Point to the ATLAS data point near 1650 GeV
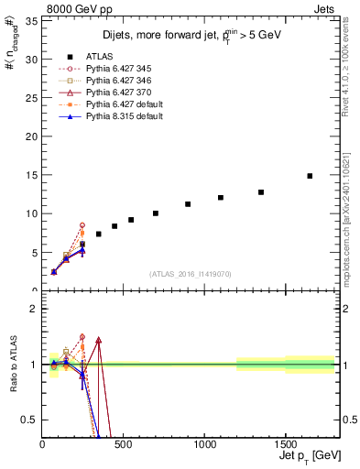pyautogui.click(x=310, y=176)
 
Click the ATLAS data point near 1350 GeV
pyautogui.click(x=261, y=192)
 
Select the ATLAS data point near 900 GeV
pyautogui.click(x=188, y=204)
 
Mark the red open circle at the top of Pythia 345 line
pyautogui.click(x=82, y=225)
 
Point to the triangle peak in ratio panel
pyautogui.click(x=98, y=340)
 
